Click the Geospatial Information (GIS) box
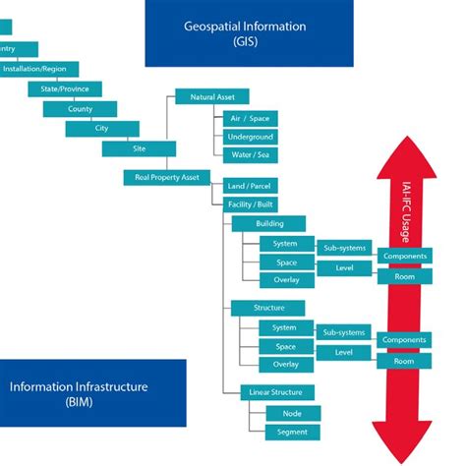click(249, 32)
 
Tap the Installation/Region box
click(33, 69)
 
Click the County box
click(80, 108)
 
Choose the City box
click(102, 129)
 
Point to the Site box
click(139, 148)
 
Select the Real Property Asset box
click(162, 177)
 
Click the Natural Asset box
click(211, 97)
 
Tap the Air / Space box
click(250, 118)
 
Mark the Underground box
click(250, 137)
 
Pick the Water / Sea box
click(250, 155)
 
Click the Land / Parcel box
click(250, 186)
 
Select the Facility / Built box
click(250, 204)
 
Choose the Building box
click(269, 223)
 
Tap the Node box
click(292, 413)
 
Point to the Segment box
click(292, 432)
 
